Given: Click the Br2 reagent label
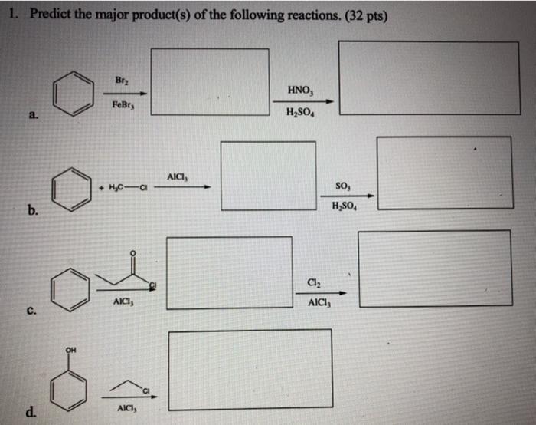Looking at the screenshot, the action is click(x=121, y=80).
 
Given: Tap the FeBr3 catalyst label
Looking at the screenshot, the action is click(x=123, y=107).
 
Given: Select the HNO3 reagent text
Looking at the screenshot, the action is click(x=299, y=90).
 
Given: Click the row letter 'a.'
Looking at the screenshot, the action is click(x=31, y=115).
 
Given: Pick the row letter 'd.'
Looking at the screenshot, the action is click(x=31, y=413).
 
